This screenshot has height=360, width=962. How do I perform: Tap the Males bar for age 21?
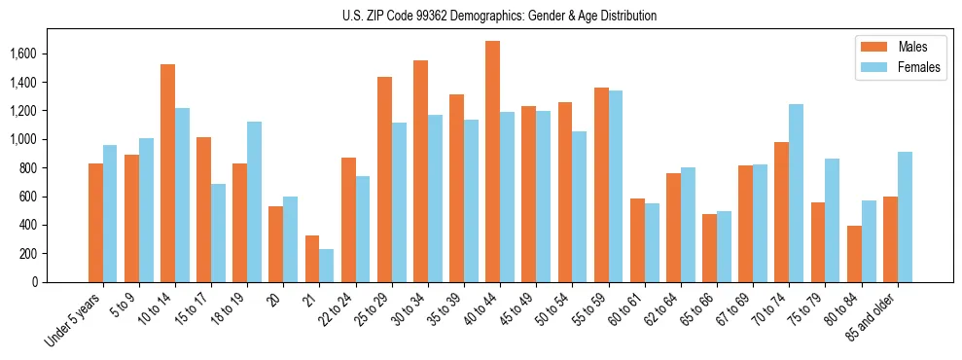(311, 259)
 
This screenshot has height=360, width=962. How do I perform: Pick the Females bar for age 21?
(326, 266)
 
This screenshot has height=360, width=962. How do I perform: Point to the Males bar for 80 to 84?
(854, 254)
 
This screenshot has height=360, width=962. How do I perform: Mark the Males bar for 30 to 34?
(420, 171)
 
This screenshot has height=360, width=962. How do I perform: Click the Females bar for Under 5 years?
(110, 214)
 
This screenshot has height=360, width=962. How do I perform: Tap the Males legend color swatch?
(873, 47)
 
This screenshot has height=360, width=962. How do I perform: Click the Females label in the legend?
(919, 69)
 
